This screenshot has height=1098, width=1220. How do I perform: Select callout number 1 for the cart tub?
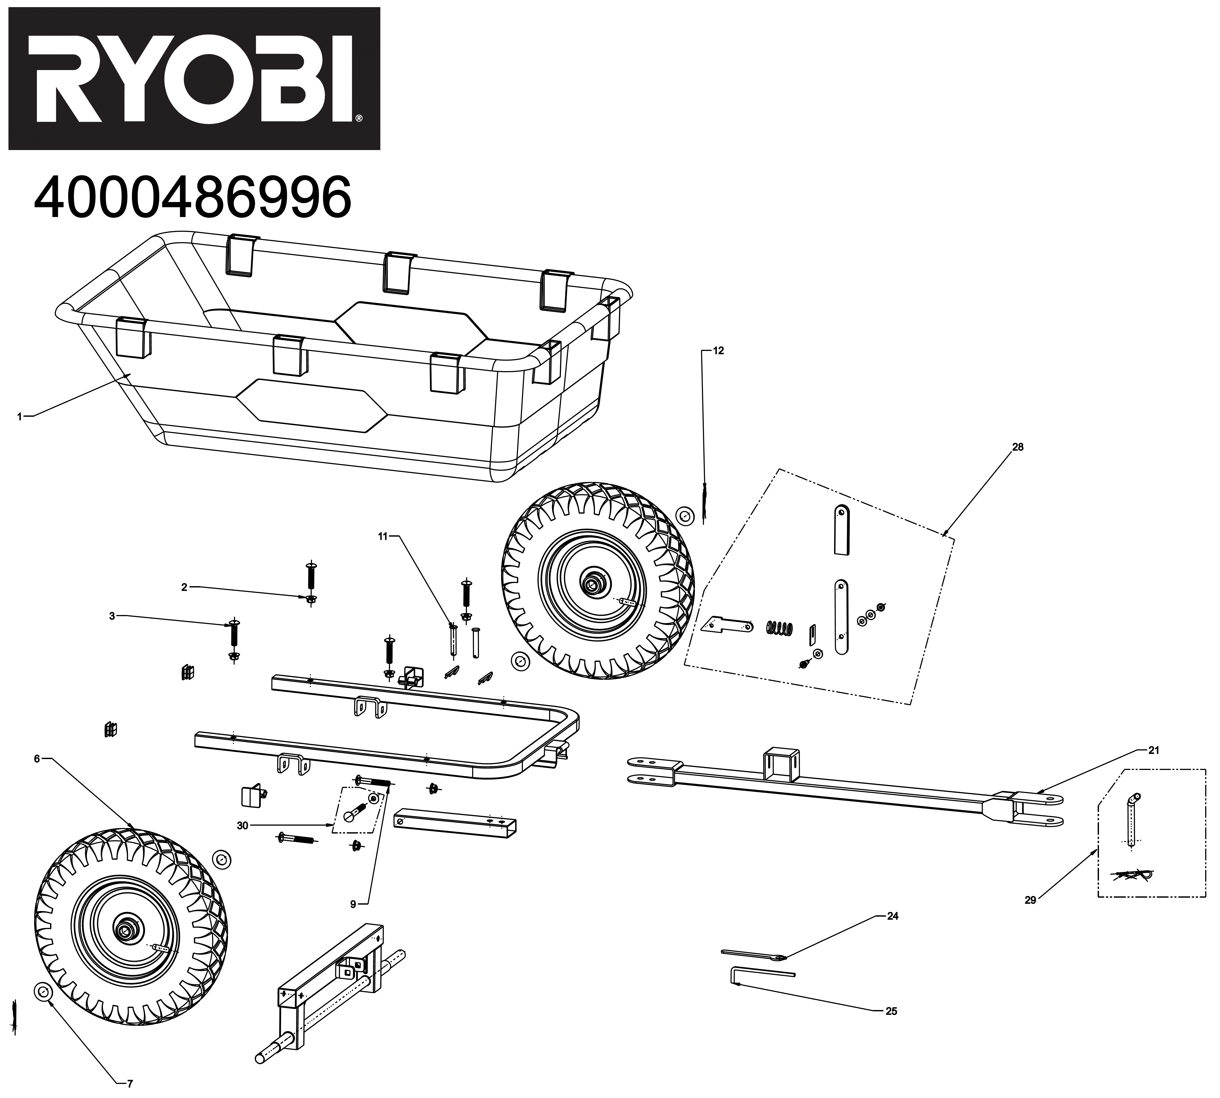[19, 416]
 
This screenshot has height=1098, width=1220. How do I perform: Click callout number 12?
[718, 351]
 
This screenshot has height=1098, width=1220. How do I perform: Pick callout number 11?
[383, 536]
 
